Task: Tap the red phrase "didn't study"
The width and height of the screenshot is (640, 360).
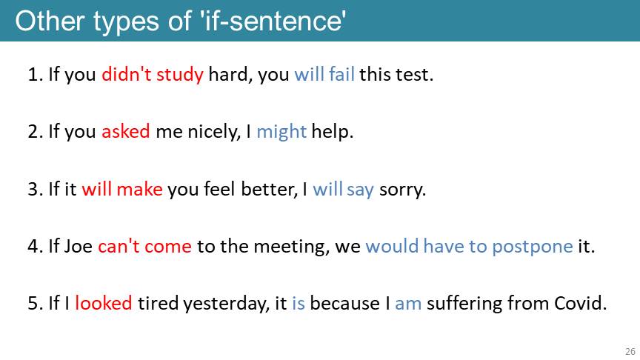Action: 153,75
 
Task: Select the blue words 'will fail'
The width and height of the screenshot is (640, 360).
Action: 324,74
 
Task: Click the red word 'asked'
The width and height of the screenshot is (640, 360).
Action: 126,131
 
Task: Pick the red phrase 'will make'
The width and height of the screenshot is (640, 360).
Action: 122,189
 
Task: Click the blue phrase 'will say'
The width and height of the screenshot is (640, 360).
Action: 343,190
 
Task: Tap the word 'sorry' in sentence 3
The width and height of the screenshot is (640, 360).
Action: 401,190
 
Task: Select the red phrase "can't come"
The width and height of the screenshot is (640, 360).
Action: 144,246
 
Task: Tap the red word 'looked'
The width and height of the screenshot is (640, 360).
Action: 104,303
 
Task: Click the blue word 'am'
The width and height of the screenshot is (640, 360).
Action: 408,304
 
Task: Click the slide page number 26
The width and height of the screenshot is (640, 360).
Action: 630,351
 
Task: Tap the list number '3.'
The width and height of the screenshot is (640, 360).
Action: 36,190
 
